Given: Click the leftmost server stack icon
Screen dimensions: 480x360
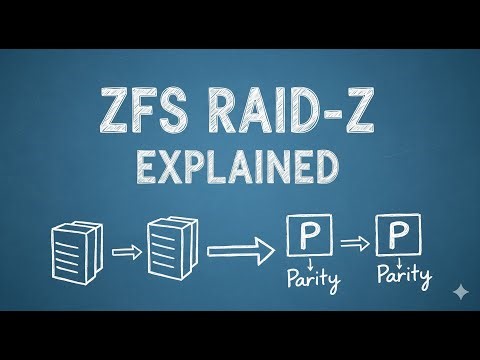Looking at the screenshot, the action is pos(74,250).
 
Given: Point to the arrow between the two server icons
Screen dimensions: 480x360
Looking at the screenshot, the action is pos(124,251).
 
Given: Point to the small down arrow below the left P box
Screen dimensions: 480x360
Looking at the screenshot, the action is pos(307,265).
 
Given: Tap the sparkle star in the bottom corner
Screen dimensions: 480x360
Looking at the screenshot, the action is pos(458,290).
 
